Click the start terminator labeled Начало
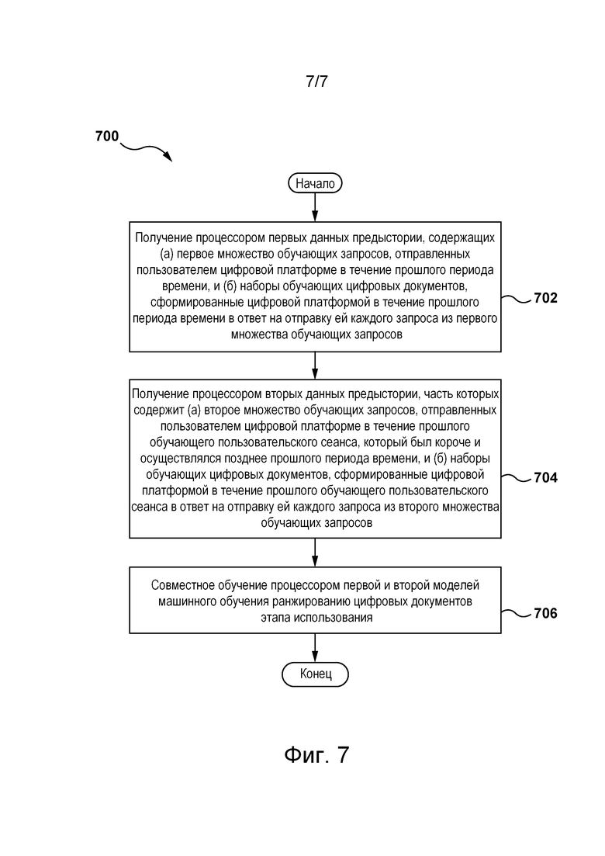coord(315,183)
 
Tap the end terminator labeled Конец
coord(316,674)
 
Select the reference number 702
coord(545,298)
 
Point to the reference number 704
coord(545,478)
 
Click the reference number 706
coord(545,614)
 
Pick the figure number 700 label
coord(107,136)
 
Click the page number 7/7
coord(317,81)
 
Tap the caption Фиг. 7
coord(316,754)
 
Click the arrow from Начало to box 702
coord(315,207)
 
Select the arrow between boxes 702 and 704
coord(315,366)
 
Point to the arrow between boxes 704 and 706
coord(315,553)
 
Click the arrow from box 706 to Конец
coord(315,648)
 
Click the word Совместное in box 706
coord(183,585)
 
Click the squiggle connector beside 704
coord(517,478)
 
